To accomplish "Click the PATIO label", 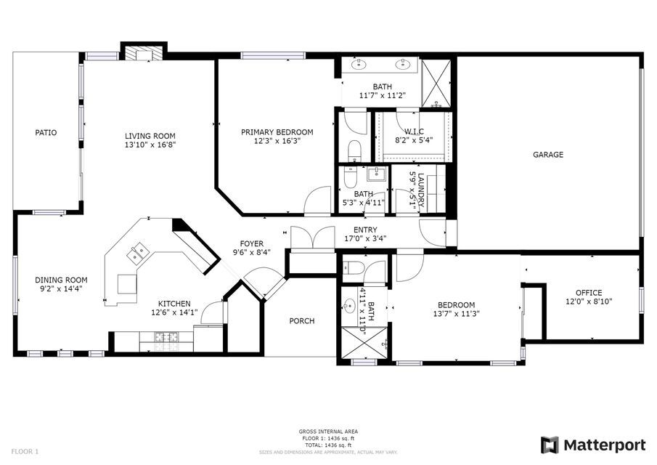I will click(x=46, y=133).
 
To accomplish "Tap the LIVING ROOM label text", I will click(x=150, y=136).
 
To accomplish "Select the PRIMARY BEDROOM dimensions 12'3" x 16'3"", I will click(x=277, y=141).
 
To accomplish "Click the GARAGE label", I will click(x=548, y=155).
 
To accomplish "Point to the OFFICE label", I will click(x=589, y=293).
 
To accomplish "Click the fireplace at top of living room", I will click(x=142, y=53).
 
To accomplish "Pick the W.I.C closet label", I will click(x=409, y=132).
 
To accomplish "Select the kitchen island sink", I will click(x=138, y=254).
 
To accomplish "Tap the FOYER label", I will click(x=252, y=243).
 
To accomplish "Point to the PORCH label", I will click(x=301, y=320).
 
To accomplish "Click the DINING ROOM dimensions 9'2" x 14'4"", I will click(x=61, y=289).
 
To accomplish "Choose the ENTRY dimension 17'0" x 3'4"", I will click(x=365, y=238).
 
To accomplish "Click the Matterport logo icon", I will click(x=550, y=444).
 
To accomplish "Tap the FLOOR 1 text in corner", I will click(x=25, y=451).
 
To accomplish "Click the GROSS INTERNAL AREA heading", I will click(x=327, y=432).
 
